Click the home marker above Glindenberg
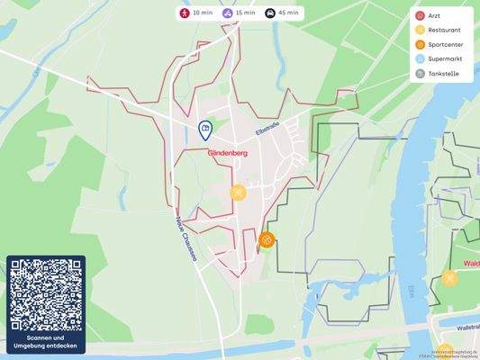click(205, 130)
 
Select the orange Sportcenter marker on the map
click(267, 240)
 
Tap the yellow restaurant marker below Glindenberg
click(238, 192)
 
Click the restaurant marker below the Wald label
click(449, 278)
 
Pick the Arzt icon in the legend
click(420, 16)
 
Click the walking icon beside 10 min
click(185, 13)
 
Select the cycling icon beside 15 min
click(228, 13)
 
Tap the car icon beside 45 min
click(271, 13)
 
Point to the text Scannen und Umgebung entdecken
click(46, 343)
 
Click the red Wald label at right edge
click(471, 264)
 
